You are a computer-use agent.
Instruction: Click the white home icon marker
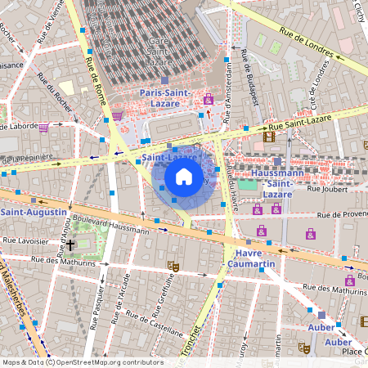pos(184,177)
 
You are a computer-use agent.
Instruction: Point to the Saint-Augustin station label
pos(33,212)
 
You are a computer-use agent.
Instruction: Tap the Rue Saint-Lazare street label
pos(314,125)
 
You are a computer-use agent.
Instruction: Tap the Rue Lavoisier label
pos(25,241)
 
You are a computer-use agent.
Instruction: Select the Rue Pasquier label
pos(96,307)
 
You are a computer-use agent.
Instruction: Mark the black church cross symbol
pos(71,245)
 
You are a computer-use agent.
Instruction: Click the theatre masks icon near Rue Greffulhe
pos(173,266)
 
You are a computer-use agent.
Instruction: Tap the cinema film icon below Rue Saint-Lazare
pos(270,137)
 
